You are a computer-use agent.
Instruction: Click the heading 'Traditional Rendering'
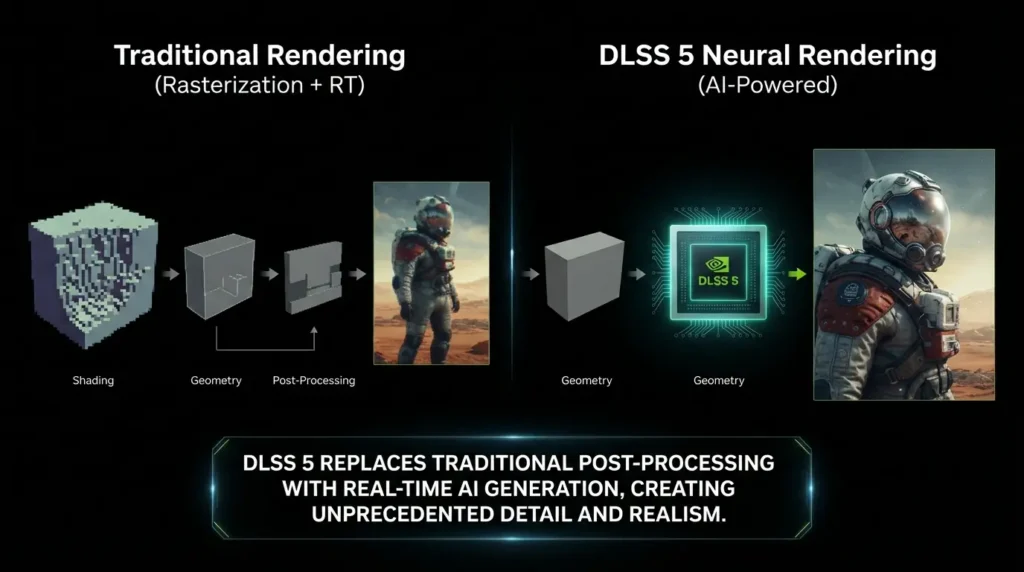tap(260, 56)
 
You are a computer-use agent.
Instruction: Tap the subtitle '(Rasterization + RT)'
tap(260, 85)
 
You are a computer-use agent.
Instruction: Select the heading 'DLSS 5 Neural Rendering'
tap(767, 56)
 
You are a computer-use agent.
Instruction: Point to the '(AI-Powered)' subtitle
tap(767, 85)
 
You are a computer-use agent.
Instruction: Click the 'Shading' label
tap(93, 380)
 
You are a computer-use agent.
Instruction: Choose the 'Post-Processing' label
tap(313, 380)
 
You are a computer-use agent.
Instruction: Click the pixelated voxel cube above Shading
tap(93, 274)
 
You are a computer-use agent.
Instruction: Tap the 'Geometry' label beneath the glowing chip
tap(718, 380)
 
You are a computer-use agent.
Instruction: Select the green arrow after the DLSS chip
tap(797, 274)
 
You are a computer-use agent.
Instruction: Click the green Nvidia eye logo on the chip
tap(717, 264)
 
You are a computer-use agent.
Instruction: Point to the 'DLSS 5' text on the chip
tap(718, 281)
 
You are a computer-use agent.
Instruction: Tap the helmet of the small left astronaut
tap(434, 216)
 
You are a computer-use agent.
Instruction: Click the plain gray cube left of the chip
tap(584, 276)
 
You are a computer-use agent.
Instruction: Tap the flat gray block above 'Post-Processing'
tap(313, 277)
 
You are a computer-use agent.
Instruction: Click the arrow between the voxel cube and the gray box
tap(170, 274)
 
